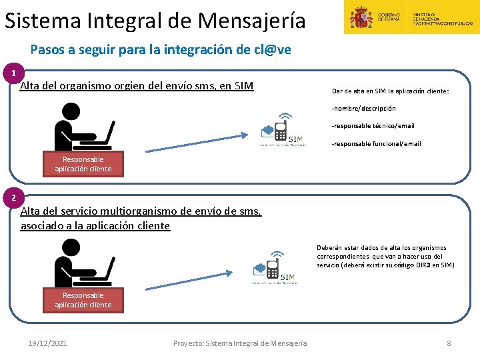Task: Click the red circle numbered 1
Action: pos(13,72)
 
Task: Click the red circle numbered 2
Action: pos(13,198)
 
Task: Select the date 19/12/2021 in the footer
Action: pos(47,343)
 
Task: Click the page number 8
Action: pos(449,343)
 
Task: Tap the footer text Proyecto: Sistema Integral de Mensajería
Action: pos(240,343)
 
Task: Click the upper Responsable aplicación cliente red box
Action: pos(83,164)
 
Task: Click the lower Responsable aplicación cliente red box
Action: pos(83,300)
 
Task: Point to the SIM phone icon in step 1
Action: pos(282,130)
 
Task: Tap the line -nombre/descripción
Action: pos(364,108)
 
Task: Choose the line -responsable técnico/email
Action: pos(373,126)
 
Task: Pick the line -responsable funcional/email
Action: pos(377,144)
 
